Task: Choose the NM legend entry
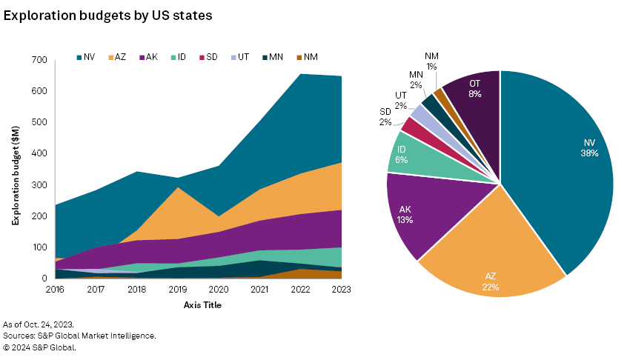[308, 56]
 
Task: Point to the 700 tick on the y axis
[40, 60]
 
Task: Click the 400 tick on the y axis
[40, 153]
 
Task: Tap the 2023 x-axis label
[342, 290]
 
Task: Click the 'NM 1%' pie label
[431, 61]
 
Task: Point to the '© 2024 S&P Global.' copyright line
[39, 346]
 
